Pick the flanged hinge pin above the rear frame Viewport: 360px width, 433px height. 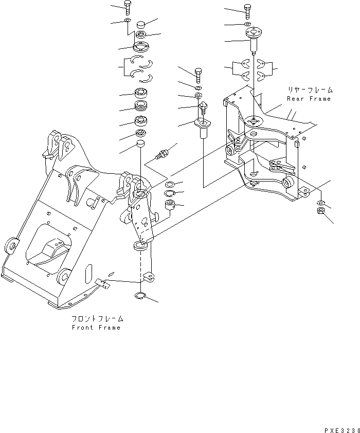click(x=253, y=40)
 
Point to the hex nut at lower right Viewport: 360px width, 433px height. click(x=320, y=212)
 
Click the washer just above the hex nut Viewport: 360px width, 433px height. click(x=320, y=202)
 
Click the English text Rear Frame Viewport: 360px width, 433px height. click(x=309, y=99)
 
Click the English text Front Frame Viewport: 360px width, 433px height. click(x=96, y=328)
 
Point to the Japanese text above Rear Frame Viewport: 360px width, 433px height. click(x=309, y=90)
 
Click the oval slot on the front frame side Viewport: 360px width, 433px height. click(x=89, y=272)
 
